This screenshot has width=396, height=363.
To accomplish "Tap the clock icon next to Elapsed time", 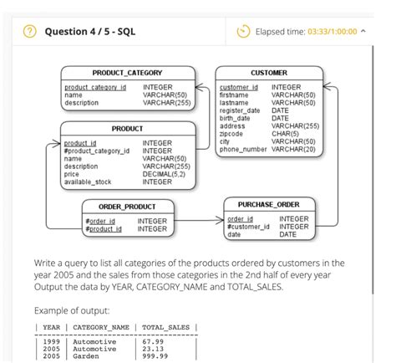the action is (244, 32).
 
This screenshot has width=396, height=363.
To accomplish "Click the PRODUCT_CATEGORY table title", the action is (127, 74).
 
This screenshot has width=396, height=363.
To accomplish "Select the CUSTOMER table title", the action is (268, 74).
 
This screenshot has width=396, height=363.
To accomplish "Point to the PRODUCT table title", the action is (127, 129).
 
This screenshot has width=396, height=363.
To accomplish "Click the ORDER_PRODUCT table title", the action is (127, 206).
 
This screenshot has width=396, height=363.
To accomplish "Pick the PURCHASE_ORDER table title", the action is (268, 204).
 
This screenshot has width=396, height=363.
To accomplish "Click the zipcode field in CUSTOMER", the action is (231, 133).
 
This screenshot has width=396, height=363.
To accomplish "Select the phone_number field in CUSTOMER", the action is (243, 149).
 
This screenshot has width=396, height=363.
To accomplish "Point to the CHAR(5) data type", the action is (285, 133).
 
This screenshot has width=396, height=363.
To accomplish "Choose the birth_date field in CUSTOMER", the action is (236, 118).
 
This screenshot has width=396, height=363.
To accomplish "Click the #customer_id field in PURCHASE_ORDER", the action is (248, 227).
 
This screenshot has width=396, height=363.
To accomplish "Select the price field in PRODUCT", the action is (72, 174).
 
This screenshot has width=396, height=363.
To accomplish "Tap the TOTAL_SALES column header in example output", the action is (166, 327).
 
